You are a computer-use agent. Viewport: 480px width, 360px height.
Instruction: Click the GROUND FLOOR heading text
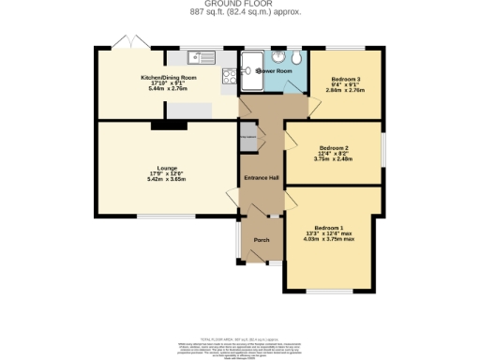(239, 4)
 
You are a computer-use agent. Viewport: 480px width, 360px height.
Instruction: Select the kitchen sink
(201, 54)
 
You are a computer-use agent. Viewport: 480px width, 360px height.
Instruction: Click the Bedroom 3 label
(345, 79)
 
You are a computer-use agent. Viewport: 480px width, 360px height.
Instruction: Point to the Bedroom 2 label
(334, 149)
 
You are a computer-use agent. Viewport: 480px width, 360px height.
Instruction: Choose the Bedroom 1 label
(329, 229)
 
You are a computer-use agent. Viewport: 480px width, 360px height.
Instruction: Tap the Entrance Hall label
(262, 178)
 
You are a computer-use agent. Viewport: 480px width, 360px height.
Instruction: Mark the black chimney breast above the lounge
(169, 123)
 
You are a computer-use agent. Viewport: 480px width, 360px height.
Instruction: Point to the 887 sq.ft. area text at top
(239, 12)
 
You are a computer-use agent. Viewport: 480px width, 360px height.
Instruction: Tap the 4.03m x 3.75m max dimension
(329, 239)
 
